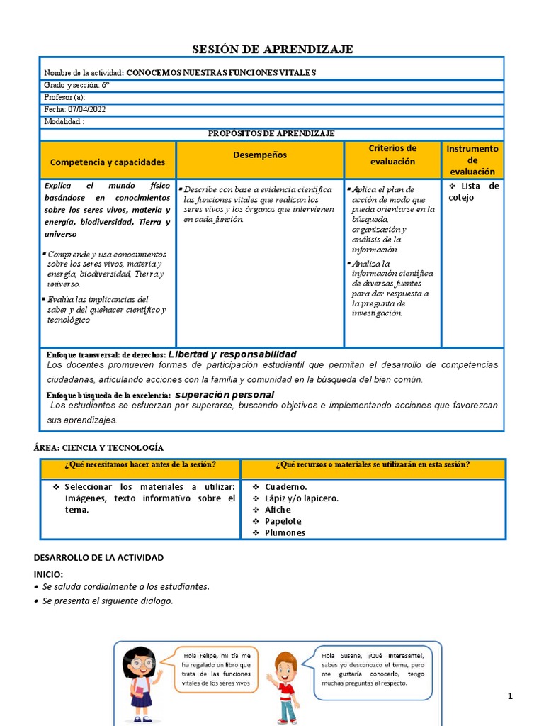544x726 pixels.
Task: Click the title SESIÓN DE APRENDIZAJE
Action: (273, 49)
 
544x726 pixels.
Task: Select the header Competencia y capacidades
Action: (108, 162)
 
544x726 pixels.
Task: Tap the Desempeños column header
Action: (260, 155)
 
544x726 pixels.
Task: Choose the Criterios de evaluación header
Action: (392, 155)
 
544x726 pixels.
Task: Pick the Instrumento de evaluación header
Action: (472, 160)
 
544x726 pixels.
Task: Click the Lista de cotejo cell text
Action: (473, 191)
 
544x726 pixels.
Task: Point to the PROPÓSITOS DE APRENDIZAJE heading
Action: (271, 133)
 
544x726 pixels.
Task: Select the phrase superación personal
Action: (225, 394)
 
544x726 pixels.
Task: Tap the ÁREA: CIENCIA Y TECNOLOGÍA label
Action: (98, 448)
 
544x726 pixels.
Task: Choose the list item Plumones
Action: (285, 532)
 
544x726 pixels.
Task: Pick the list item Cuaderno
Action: (285, 487)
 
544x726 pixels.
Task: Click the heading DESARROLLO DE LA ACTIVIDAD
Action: (98, 558)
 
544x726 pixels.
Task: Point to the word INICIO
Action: (48, 574)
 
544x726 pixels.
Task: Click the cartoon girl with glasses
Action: (141, 683)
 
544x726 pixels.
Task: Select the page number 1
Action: (509, 697)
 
